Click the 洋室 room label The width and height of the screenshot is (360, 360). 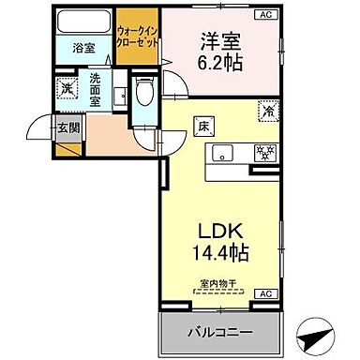(x=222, y=43)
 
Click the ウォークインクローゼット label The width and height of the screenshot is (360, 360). (x=136, y=37)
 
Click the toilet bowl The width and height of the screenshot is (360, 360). (x=143, y=91)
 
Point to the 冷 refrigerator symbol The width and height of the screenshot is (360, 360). (x=267, y=110)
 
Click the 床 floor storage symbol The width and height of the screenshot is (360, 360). (x=202, y=123)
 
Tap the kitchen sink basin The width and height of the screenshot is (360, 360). (x=223, y=152)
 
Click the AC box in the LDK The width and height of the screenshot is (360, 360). (x=265, y=294)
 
